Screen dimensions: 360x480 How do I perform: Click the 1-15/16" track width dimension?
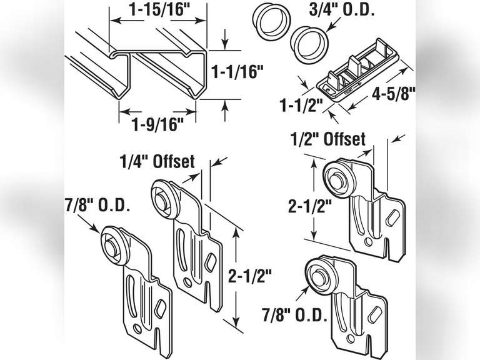(x=159, y=11)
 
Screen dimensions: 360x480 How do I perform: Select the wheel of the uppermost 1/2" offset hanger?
(x=338, y=172)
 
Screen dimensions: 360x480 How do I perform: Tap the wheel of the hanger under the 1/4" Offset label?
(x=164, y=194)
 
